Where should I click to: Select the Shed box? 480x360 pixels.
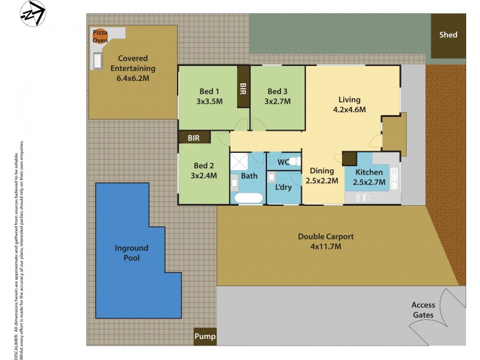(x=448, y=35)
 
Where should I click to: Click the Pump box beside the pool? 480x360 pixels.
(x=205, y=337)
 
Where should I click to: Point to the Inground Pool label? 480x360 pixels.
(x=131, y=253)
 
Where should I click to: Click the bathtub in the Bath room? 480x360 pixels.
(x=248, y=197)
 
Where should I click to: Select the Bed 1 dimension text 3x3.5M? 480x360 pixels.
(x=209, y=101)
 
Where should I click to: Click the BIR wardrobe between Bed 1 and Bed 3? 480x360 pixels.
(x=244, y=88)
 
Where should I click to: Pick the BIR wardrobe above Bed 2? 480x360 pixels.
(x=194, y=137)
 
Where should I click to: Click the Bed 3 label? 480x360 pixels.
(x=277, y=91)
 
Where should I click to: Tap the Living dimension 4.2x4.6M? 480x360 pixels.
(x=349, y=109)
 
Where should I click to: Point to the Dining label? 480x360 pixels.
(x=322, y=170)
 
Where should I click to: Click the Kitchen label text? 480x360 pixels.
(x=368, y=172)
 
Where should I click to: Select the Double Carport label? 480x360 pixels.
(x=326, y=236)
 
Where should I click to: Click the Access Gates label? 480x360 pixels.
(x=424, y=310)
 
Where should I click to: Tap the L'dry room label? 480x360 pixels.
(x=283, y=187)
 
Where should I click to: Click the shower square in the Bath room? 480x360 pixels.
(x=239, y=161)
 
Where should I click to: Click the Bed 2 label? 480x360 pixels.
(x=204, y=166)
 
